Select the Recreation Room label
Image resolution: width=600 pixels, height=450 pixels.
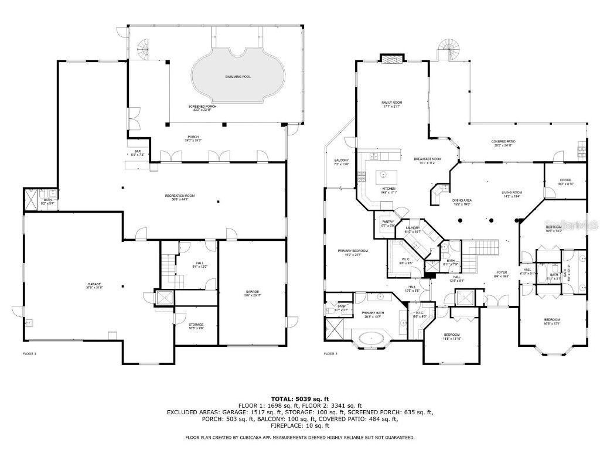[x=179, y=197]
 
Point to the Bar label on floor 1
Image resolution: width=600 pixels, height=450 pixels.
[x=137, y=153]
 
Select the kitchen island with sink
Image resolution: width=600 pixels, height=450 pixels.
[x=385, y=175]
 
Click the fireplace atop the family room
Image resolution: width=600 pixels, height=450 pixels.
[x=391, y=58]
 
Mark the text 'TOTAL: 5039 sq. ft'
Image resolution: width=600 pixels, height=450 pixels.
[x=299, y=398]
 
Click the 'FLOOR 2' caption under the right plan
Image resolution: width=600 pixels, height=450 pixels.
[x=332, y=354]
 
